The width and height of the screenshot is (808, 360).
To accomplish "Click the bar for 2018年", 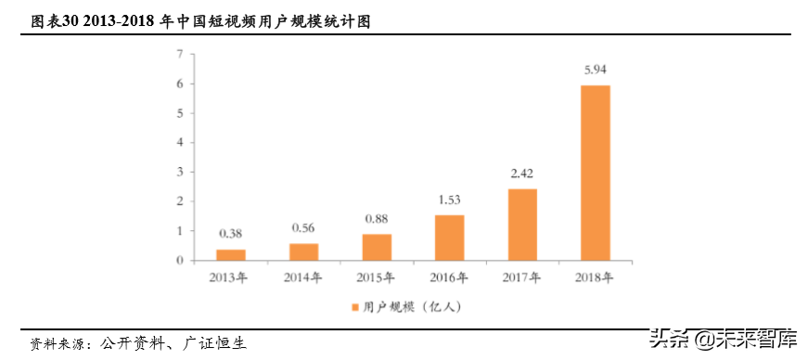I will click(x=596, y=173).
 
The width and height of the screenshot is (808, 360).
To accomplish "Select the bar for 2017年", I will click(x=522, y=225).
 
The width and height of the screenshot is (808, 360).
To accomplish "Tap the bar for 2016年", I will click(x=450, y=238).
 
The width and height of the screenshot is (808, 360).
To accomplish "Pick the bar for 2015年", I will click(x=377, y=247).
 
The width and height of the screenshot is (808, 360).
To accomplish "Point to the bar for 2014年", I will click(x=303, y=251).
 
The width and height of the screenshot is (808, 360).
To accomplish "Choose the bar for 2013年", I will click(x=231, y=254).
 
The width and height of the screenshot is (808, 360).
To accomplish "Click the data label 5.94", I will click(x=596, y=70).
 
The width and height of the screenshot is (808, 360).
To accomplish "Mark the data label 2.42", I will click(x=522, y=173).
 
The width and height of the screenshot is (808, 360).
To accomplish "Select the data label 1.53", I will click(x=450, y=199).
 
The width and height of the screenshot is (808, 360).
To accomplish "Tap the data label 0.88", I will click(x=377, y=218).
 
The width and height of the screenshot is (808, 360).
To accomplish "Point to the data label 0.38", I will click(x=231, y=233).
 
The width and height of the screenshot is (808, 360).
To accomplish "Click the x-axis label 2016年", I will click(x=450, y=276).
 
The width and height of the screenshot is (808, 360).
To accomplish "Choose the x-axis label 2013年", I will click(x=231, y=276).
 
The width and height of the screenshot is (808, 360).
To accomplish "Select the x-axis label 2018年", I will click(x=596, y=276).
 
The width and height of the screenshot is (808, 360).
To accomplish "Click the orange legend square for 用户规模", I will click(x=354, y=305).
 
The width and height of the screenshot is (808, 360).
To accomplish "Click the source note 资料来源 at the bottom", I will click(x=139, y=342).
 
